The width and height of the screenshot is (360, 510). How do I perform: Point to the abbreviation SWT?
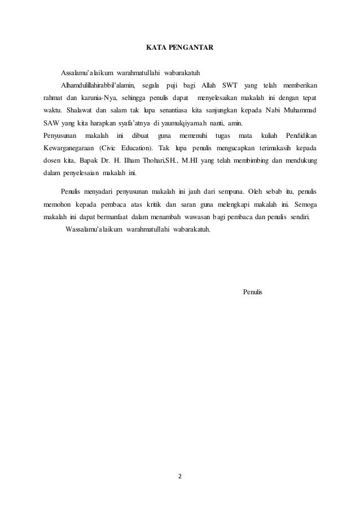229,85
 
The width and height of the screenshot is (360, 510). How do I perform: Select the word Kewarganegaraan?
68,148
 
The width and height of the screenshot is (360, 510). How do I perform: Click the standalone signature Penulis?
252,292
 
